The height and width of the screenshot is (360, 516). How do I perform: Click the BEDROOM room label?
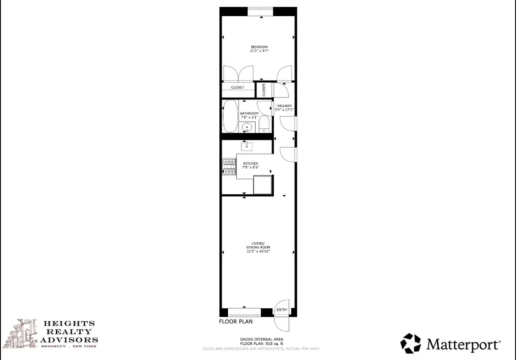pyautogui.click(x=259, y=47)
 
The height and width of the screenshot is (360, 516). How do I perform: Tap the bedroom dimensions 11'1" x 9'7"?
pyautogui.click(x=259, y=51)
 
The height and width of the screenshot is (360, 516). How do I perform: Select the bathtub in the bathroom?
pyautogui.click(x=230, y=116)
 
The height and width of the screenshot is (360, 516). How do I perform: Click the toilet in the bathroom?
pyautogui.click(x=264, y=124)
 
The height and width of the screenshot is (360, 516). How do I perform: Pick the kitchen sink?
pyautogui.click(x=247, y=146)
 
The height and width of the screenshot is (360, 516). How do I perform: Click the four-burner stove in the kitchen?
pyautogui.click(x=229, y=166)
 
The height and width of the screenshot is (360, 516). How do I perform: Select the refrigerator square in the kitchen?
pyautogui.click(x=263, y=185)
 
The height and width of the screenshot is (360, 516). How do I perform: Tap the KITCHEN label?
pyautogui.click(x=250, y=163)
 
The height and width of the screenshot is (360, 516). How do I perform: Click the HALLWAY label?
pyautogui.click(x=285, y=106)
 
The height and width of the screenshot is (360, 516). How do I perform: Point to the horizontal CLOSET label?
pyautogui.click(x=237, y=87)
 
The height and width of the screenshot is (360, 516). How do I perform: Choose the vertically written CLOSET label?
pyautogui.click(x=264, y=90)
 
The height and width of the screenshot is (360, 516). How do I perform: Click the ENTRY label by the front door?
pyautogui.click(x=281, y=310)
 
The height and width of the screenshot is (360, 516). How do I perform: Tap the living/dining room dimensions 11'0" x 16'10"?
pyautogui.click(x=258, y=252)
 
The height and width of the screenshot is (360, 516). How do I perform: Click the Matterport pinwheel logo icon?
pyautogui.click(x=410, y=344)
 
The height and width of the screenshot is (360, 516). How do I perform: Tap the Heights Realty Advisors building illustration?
pyautogui.click(x=27, y=333)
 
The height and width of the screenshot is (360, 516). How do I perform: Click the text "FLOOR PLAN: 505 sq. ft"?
pyautogui.click(x=261, y=343)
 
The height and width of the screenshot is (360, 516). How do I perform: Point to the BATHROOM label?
pyautogui.click(x=249, y=113)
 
